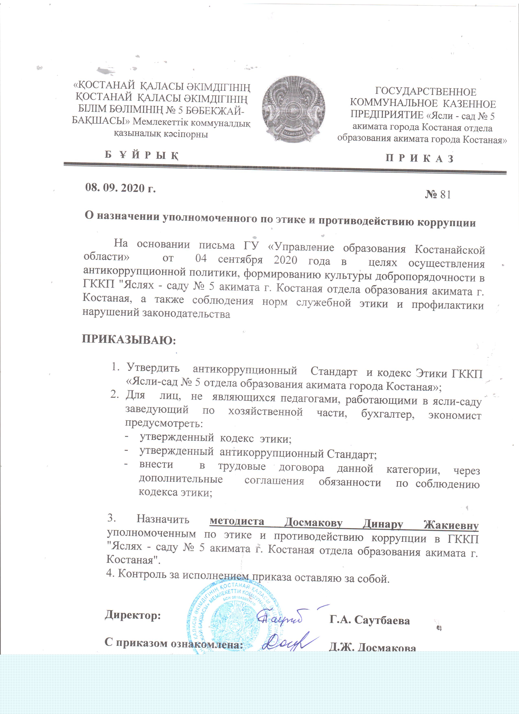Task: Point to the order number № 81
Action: [x=438, y=195]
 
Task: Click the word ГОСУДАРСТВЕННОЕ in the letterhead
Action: [x=426, y=92]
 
